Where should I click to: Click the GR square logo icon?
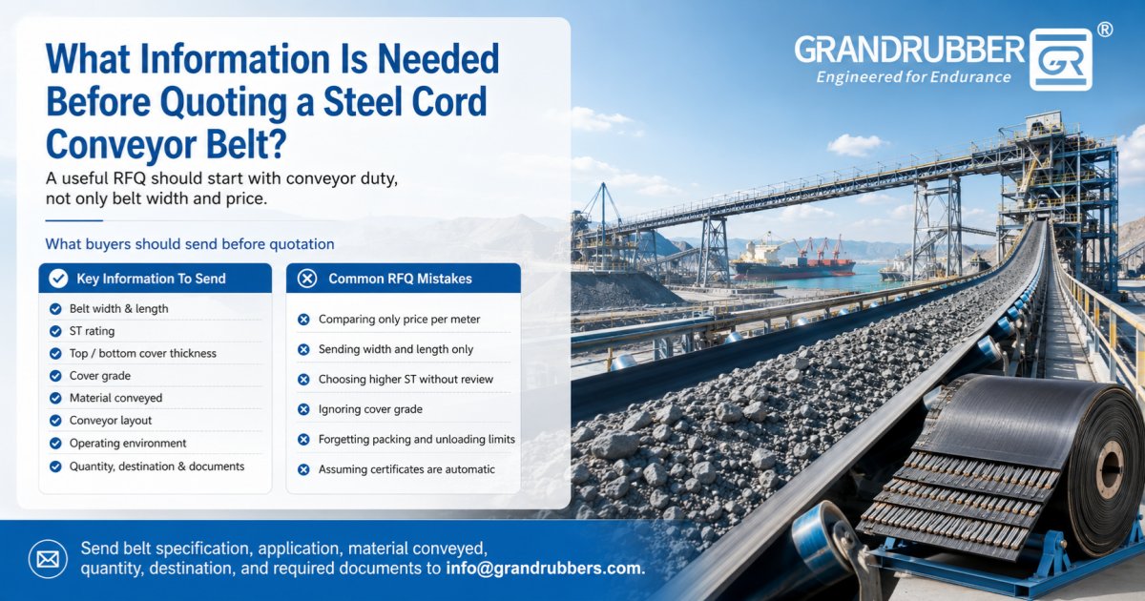(x=1061, y=60)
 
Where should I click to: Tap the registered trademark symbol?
(x=1105, y=31)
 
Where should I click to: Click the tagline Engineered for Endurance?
(x=913, y=77)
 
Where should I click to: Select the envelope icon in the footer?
(x=48, y=559)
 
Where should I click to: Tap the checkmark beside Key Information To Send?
(x=58, y=279)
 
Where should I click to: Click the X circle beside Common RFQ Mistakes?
(x=307, y=279)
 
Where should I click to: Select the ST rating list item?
(x=92, y=331)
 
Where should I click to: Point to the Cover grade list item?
(x=100, y=376)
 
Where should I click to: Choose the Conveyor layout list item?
(x=111, y=420)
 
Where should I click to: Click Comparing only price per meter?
(x=399, y=320)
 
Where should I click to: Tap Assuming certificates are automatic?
(x=406, y=469)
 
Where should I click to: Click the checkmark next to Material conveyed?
(x=55, y=398)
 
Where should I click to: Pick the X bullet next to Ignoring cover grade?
(x=303, y=409)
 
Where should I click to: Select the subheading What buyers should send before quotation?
(x=190, y=244)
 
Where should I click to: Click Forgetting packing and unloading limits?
(x=417, y=439)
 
